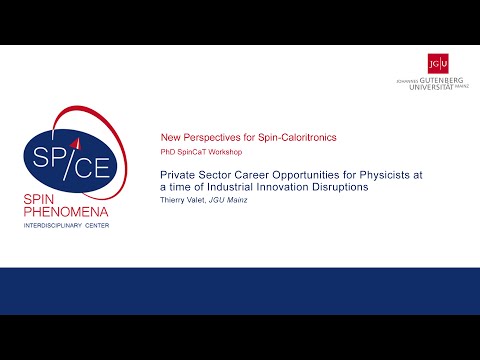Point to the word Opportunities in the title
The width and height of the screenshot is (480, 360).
[x=297, y=174]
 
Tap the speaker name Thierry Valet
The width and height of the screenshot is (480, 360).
[x=185, y=200]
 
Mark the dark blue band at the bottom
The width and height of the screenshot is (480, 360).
[x=240, y=291]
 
